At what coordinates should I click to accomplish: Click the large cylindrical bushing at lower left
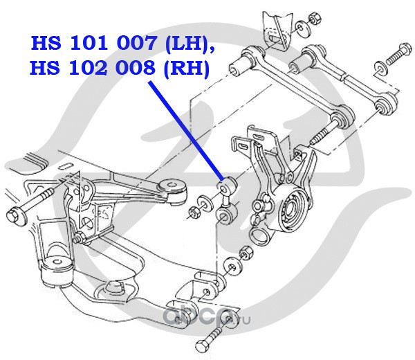click(x=57, y=271)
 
